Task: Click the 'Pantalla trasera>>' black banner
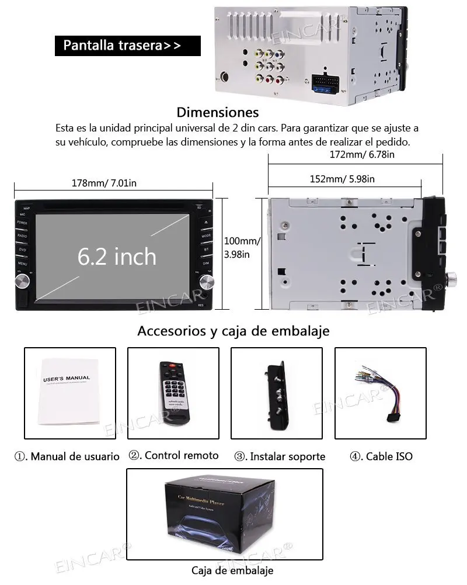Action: coord(127,46)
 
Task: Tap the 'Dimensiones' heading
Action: coord(217,112)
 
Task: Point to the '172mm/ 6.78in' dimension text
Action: coord(362,155)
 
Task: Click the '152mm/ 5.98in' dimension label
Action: coord(342,179)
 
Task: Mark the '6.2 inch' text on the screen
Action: coord(117,257)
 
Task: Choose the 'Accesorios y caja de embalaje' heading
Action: coord(233,331)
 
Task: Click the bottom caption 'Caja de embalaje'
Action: coord(232,570)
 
